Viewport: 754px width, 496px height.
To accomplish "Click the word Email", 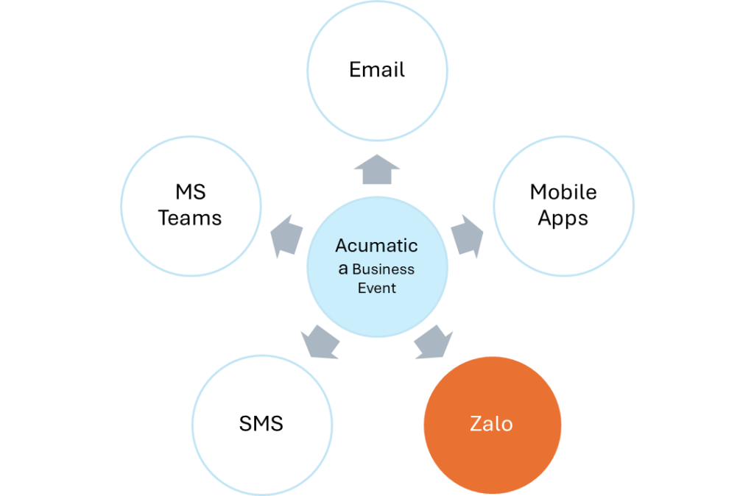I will pyautogui.click(x=377, y=71).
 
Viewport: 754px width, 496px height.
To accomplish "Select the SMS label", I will pyautogui.click(x=261, y=425).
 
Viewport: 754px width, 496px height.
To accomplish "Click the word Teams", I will pyautogui.click(x=190, y=219).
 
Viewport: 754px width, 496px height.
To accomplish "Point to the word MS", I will pyautogui.click(x=190, y=193).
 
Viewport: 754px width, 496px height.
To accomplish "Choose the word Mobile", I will pyautogui.click(x=563, y=193).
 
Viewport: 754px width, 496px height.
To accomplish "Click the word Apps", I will pyautogui.click(x=563, y=219).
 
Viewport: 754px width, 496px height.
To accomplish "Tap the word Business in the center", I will pyautogui.click(x=383, y=269).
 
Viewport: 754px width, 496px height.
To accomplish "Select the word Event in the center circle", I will pyautogui.click(x=377, y=288).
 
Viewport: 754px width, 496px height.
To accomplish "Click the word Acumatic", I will pyautogui.click(x=377, y=246).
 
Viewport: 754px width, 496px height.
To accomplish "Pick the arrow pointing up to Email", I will pyautogui.click(x=377, y=170).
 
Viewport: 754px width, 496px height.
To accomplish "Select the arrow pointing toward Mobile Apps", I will pyautogui.click(x=467, y=235).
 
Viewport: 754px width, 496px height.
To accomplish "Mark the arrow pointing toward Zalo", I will pyautogui.click(x=434, y=342).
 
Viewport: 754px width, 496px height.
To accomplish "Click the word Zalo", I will pyautogui.click(x=492, y=425).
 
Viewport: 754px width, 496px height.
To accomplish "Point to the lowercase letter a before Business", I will pyautogui.click(x=343, y=269).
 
